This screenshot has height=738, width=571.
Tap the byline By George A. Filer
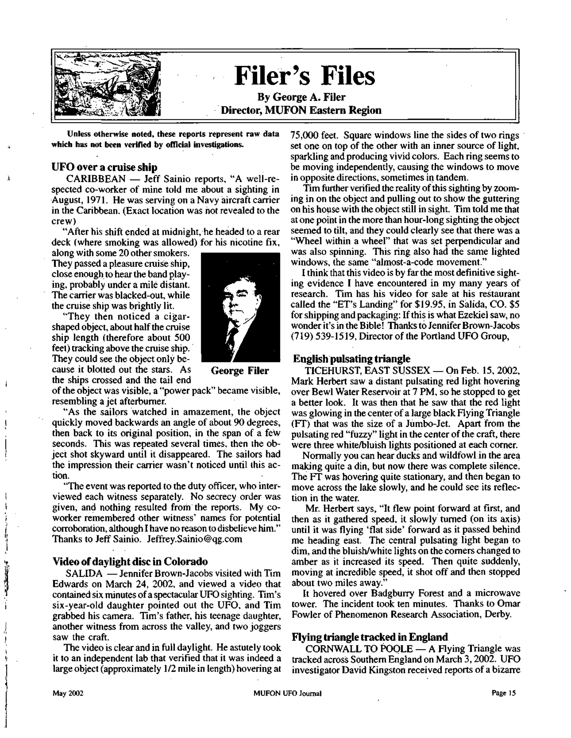click(x=301, y=97)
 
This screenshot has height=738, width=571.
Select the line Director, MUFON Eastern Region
click(x=301, y=110)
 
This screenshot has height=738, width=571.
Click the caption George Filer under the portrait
click(x=240, y=371)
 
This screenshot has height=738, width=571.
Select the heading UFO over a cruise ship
click(x=104, y=167)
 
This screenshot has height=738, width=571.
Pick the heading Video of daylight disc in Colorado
click(x=130, y=561)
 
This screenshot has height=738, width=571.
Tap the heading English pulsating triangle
click(x=351, y=359)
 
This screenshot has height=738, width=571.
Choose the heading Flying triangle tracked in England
click(x=369, y=637)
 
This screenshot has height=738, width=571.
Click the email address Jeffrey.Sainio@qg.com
click(x=195, y=539)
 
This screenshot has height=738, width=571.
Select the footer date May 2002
click(x=68, y=693)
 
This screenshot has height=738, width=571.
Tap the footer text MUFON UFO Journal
click(x=287, y=693)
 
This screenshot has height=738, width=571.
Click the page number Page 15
click(x=504, y=693)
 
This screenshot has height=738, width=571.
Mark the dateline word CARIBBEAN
click(x=96, y=179)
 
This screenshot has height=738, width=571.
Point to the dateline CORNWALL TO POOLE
click(x=359, y=649)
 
